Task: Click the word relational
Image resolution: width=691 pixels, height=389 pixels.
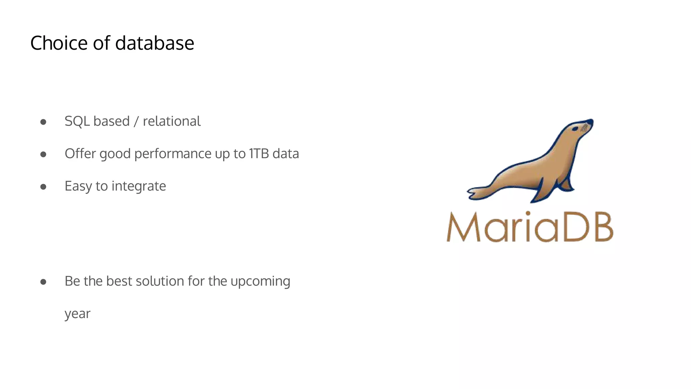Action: (172, 121)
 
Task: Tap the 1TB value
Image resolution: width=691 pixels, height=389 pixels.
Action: (259, 154)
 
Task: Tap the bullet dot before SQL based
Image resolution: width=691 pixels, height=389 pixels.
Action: (43, 122)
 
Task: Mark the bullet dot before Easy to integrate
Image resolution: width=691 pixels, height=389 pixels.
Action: (43, 187)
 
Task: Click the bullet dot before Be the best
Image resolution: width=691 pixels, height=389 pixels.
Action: (43, 282)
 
